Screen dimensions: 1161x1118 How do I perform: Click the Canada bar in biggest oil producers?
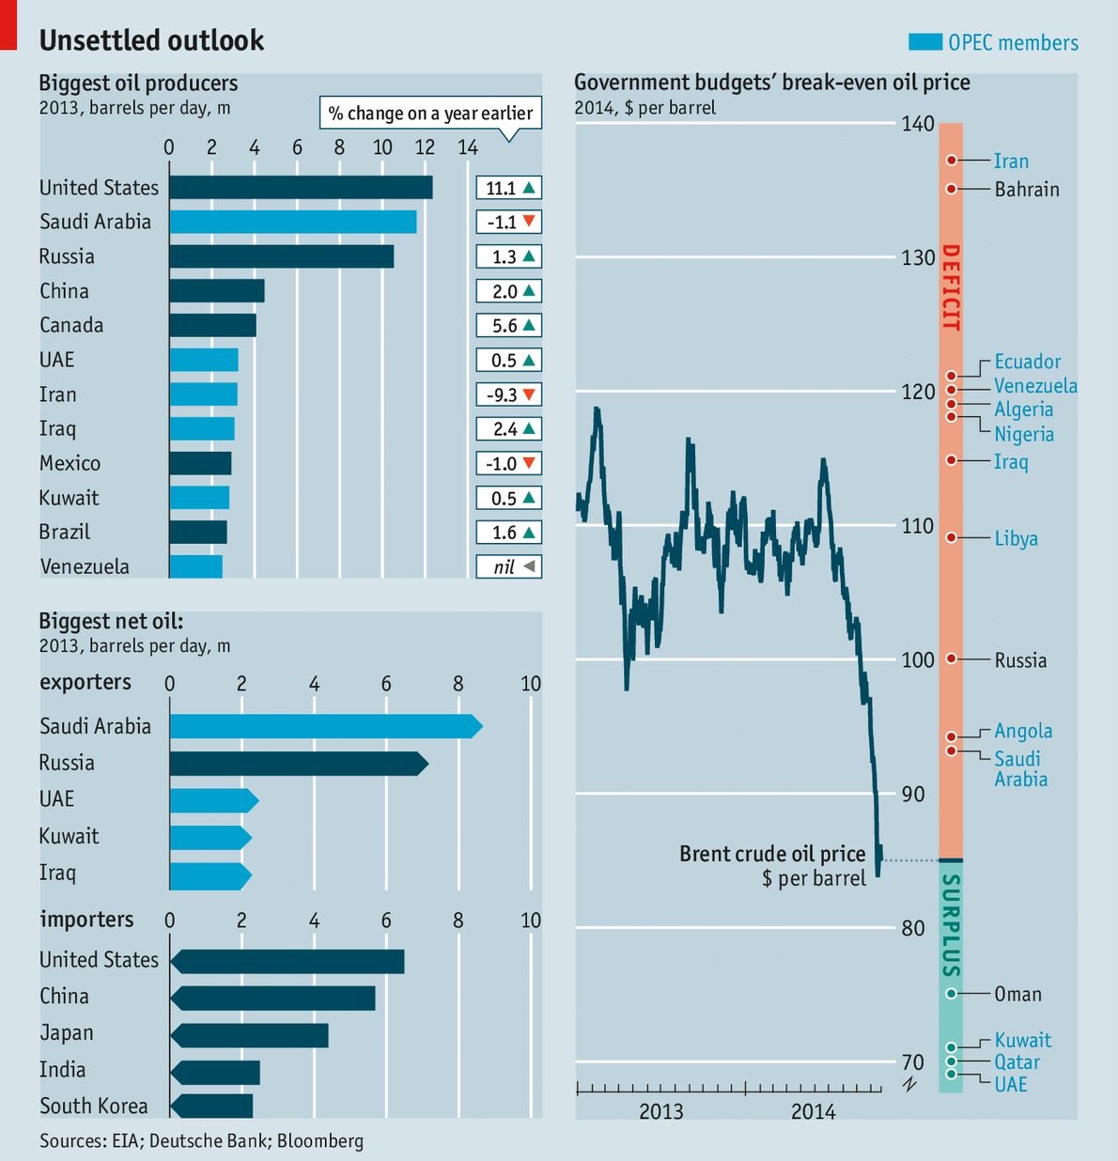(212, 325)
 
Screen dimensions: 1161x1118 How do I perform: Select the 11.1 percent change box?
(508, 188)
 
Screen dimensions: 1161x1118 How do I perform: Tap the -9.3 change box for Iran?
(508, 395)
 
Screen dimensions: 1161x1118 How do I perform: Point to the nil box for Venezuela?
(508, 567)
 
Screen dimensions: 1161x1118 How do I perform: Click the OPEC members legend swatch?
(924, 42)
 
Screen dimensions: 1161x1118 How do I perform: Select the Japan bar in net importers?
(250, 1035)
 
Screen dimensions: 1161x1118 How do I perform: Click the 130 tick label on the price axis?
(917, 258)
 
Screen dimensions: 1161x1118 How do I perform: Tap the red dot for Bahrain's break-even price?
(951, 189)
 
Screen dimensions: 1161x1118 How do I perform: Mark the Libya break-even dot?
(951, 537)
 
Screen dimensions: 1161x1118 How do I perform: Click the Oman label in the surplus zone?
(1017, 994)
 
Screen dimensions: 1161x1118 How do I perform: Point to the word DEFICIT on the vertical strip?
(951, 287)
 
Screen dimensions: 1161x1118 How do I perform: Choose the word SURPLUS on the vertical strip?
(951, 926)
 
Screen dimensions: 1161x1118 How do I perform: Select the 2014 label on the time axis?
(813, 1112)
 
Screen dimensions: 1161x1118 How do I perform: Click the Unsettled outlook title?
(151, 40)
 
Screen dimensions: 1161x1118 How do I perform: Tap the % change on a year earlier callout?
(430, 114)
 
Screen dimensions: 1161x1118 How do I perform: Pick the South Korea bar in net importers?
(212, 1106)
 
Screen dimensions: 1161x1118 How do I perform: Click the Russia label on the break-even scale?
(1020, 660)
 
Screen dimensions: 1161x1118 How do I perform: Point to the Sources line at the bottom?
(201, 1140)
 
